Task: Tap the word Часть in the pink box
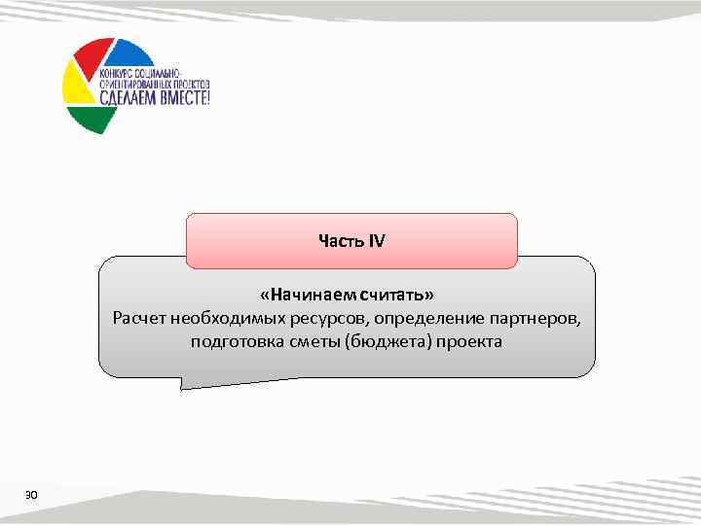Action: (x=339, y=240)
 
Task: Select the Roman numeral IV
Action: (x=376, y=240)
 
